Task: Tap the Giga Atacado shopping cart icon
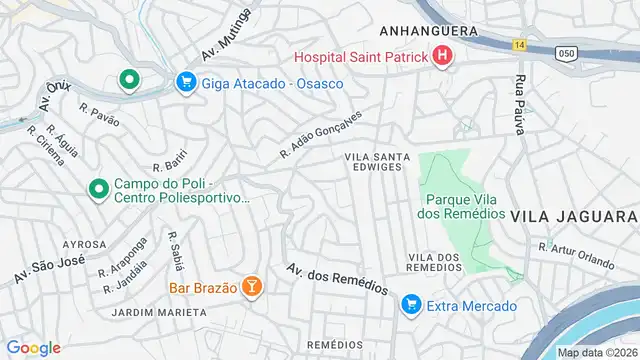click(x=185, y=83)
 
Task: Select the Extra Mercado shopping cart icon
click(x=411, y=305)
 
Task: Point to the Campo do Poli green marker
click(x=98, y=188)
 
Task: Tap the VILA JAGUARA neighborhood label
click(x=573, y=217)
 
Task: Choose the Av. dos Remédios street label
click(x=336, y=278)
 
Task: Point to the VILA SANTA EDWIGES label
click(x=373, y=162)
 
